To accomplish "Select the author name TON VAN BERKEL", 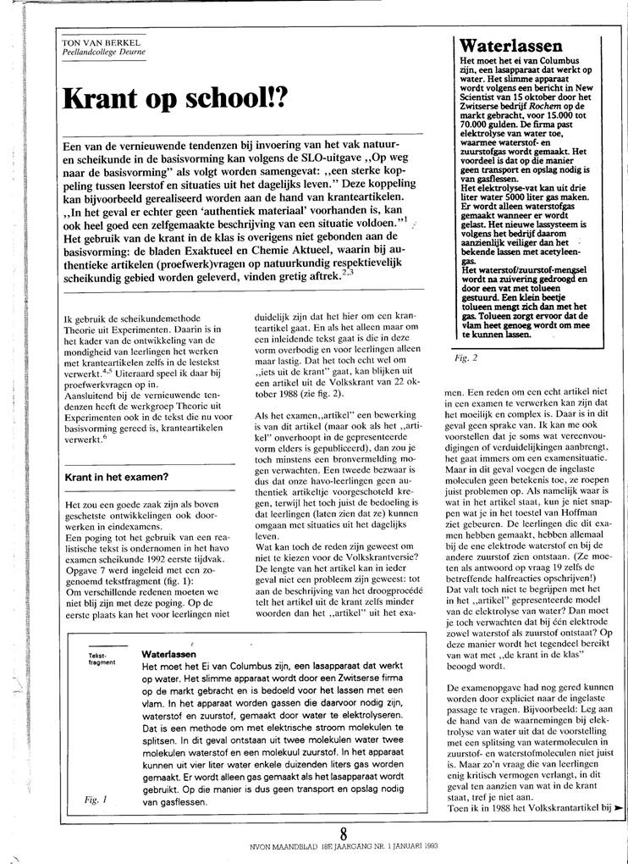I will tap(99, 42).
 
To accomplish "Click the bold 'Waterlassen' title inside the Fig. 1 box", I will tap(169, 655).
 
